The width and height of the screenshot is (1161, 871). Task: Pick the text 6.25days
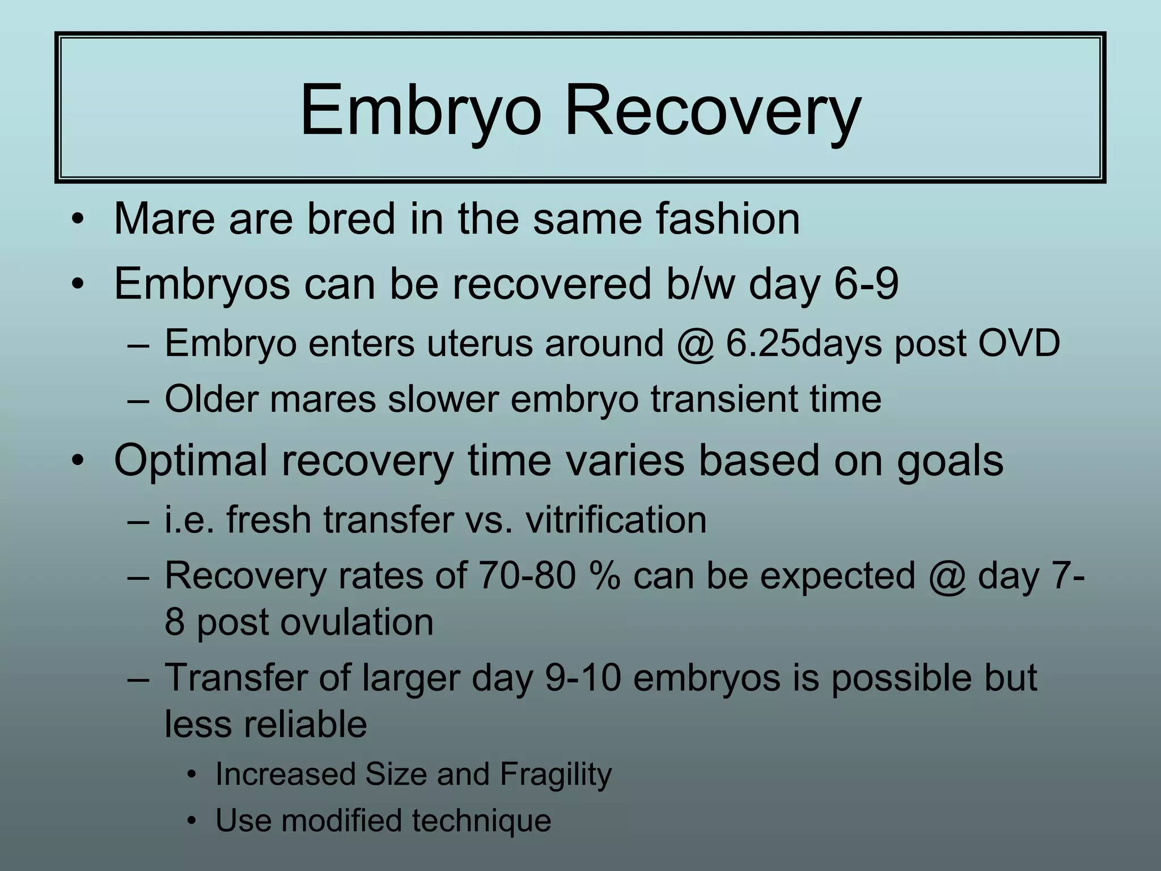click(804, 344)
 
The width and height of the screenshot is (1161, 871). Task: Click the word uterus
click(480, 344)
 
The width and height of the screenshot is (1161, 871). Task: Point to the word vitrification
click(616, 519)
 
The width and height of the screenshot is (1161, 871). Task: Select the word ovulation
click(357, 622)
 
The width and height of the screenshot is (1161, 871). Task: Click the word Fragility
click(556, 774)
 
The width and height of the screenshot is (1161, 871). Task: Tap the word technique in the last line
click(481, 821)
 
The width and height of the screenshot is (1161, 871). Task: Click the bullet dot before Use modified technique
click(193, 821)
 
